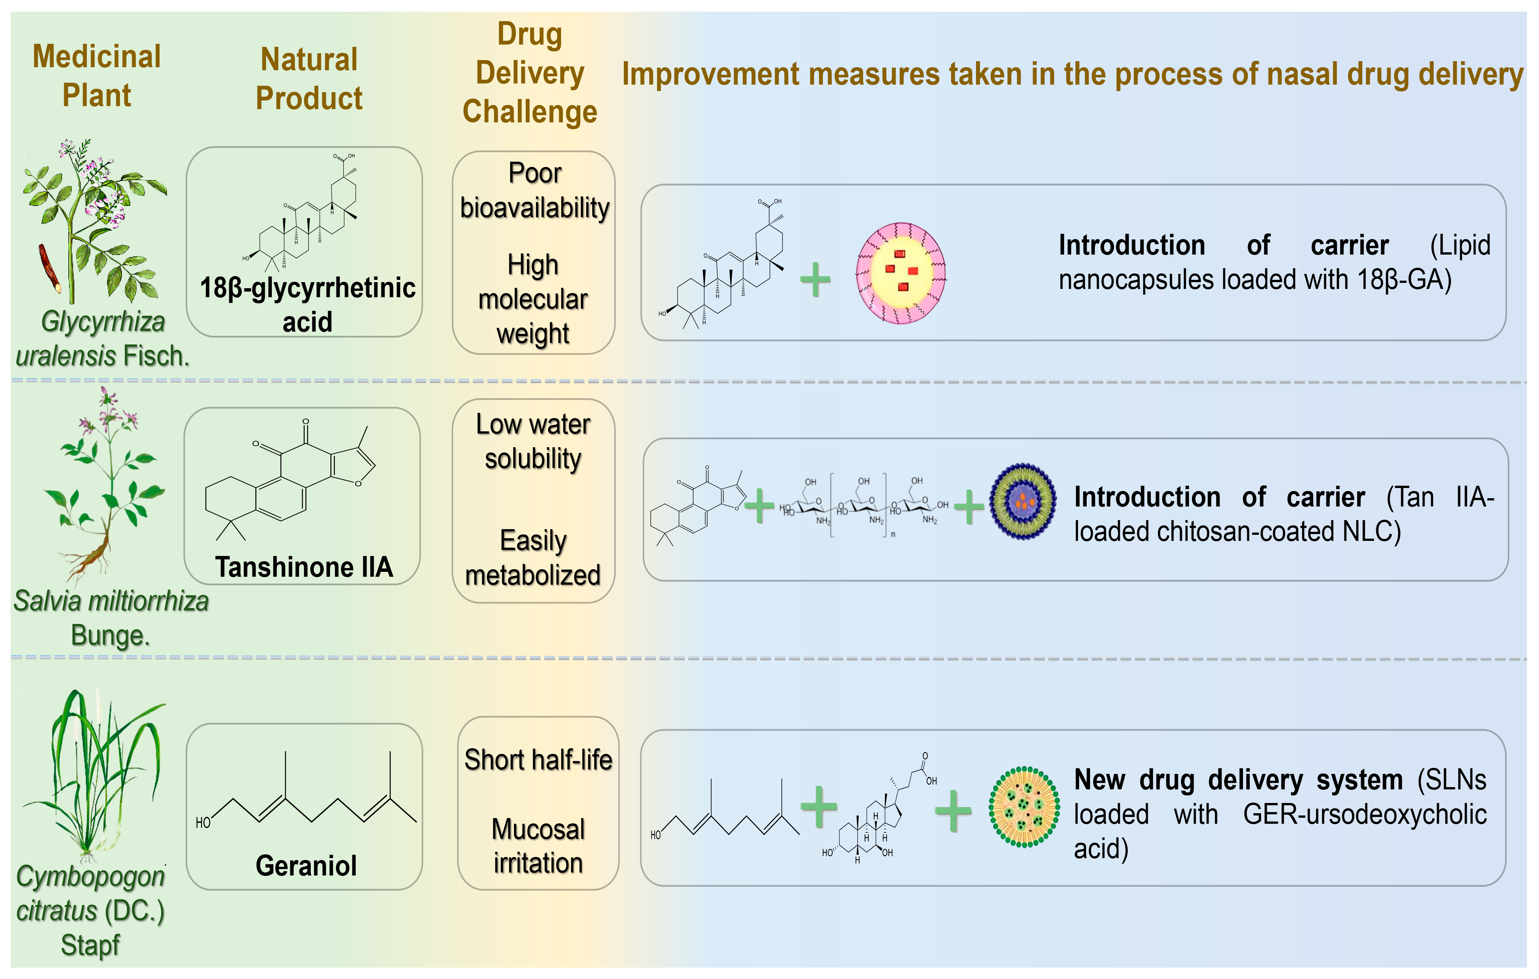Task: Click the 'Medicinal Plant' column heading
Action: click(97, 76)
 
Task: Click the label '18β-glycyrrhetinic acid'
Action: click(307, 304)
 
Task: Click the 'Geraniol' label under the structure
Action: click(306, 865)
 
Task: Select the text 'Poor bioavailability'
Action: click(534, 191)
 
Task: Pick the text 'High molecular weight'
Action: click(533, 299)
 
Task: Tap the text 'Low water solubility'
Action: click(533, 441)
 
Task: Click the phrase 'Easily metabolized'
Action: click(533, 557)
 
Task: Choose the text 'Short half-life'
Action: click(538, 760)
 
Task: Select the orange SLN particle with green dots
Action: click(1024, 807)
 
